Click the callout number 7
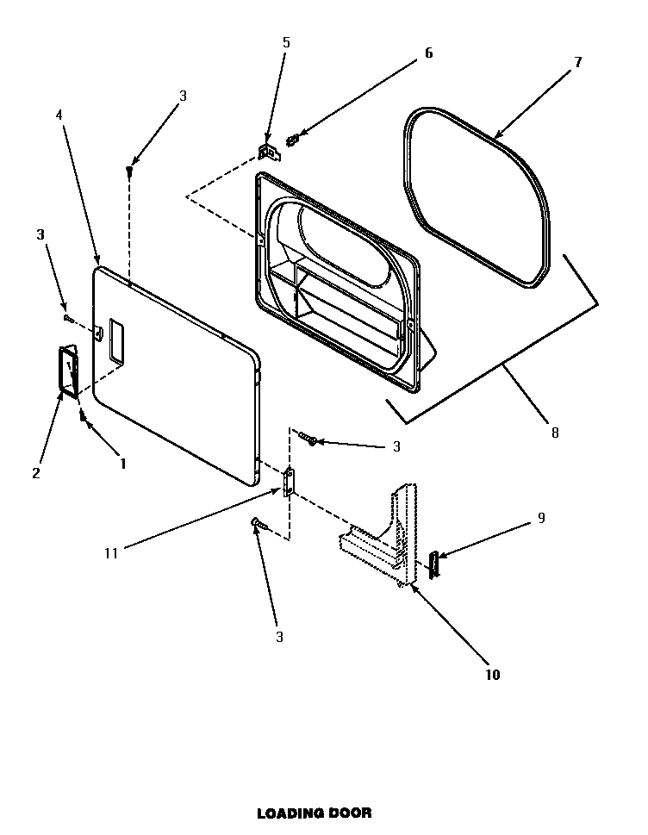pos(577,62)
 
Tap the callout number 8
pos(555,433)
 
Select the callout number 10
pos(492,675)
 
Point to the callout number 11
pos(110,553)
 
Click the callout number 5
pos(286,42)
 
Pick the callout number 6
pos(428,53)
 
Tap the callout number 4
pos(59,115)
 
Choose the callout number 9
pos(541,518)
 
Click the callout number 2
pos(35,472)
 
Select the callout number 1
pos(123,463)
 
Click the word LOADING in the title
pos(289,813)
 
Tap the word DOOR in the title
pos(351,813)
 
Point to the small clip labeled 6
pos(293,137)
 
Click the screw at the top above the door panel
pos(129,171)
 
